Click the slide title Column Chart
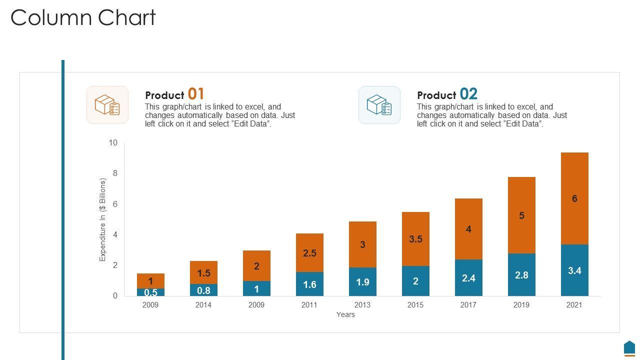point(83,18)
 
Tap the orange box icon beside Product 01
point(107,105)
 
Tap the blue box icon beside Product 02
point(379,105)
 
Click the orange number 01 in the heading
point(196,94)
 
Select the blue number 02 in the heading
point(468,94)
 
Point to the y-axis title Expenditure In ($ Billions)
point(103,219)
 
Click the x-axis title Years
point(345,314)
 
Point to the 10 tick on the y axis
point(113,143)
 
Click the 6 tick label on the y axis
point(115,204)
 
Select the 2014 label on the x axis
point(203,305)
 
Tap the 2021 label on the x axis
point(574,305)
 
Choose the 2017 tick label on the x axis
point(468,305)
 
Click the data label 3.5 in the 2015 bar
point(415,239)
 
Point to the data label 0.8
point(203,290)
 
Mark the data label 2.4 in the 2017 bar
point(468,278)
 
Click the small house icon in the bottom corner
point(629,348)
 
